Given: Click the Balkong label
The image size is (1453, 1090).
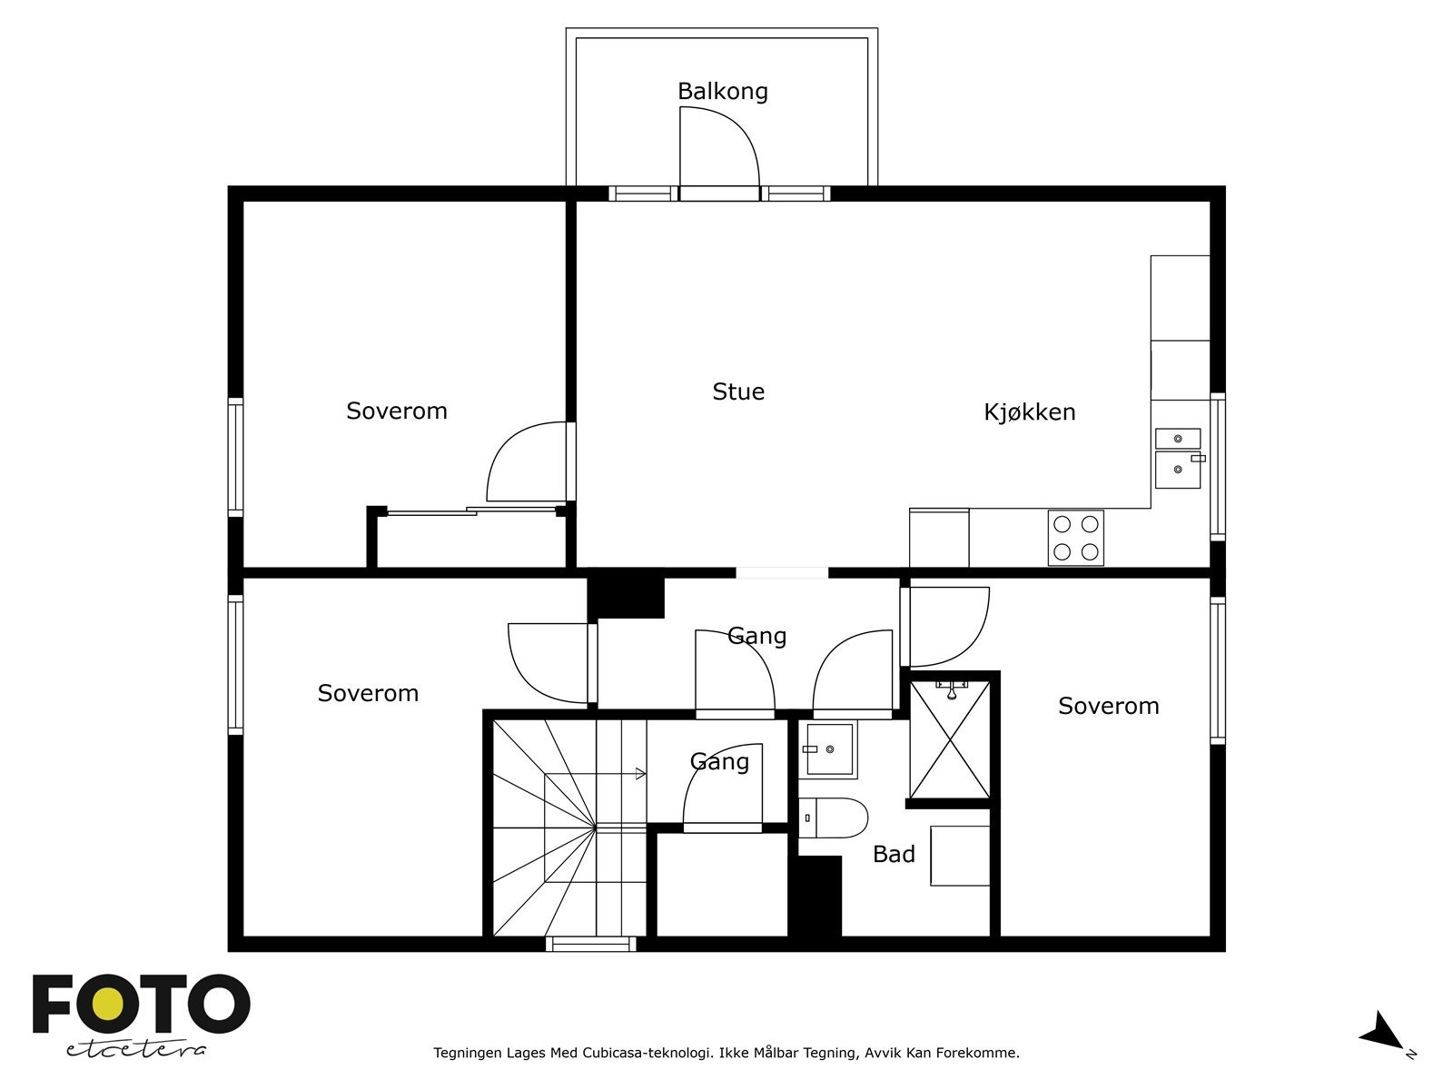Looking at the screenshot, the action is [x=722, y=92].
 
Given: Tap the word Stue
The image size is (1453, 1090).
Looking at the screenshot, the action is [x=738, y=391].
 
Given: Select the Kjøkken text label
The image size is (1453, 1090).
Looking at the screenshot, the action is [x=1029, y=411].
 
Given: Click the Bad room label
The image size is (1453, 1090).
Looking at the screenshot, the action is [x=894, y=854].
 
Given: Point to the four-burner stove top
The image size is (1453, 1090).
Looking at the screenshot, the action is [x=1076, y=538].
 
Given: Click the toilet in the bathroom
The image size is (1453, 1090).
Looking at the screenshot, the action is [x=833, y=818].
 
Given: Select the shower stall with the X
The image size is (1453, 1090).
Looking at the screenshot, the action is [x=951, y=739].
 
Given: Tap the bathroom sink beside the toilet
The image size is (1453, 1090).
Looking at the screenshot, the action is [x=828, y=748].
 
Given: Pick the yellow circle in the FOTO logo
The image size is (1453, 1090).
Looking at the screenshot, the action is [x=108, y=1005].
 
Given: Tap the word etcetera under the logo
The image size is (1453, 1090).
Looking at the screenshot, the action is [x=135, y=1050].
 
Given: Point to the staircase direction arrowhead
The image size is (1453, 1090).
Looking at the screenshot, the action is [x=640, y=773].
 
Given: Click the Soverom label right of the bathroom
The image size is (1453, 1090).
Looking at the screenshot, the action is [x=1108, y=706].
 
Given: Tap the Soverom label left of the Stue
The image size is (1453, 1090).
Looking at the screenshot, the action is [x=397, y=411].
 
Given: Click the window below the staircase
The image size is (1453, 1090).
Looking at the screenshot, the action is [x=590, y=944].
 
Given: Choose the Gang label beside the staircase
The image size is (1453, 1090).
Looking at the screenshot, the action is [x=719, y=761].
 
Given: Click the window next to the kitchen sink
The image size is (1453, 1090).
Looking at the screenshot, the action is [x=1218, y=467].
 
